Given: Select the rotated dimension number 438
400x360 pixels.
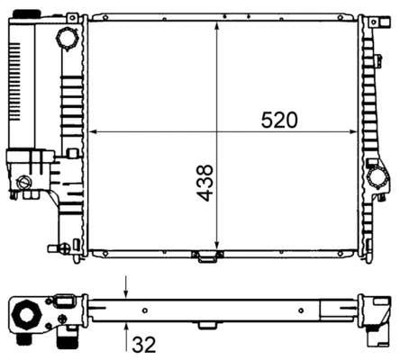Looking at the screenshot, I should tap(205, 183).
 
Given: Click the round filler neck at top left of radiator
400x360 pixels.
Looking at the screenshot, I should tap(67, 39).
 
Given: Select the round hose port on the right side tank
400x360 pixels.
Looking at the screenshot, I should tap(378, 175).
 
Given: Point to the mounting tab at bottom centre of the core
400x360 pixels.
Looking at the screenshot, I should tap(209, 258).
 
